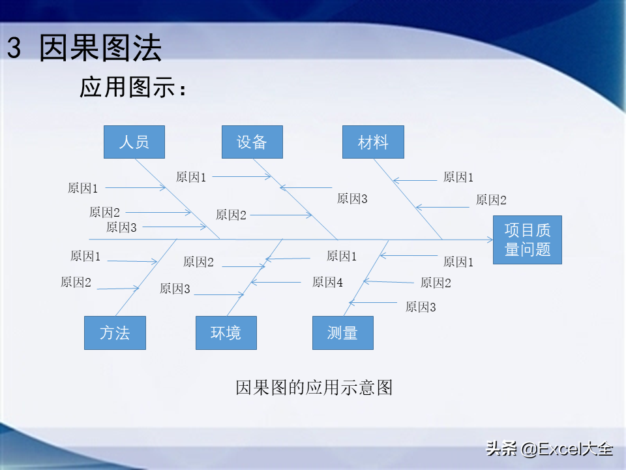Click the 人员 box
(134, 142)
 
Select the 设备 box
(252, 142)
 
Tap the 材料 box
(373, 142)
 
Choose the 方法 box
(115, 333)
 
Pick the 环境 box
(226, 333)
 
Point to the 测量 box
(343, 333)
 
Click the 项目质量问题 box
(527, 240)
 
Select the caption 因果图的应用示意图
(314, 387)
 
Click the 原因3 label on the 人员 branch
(121, 227)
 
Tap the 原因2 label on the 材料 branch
(491, 200)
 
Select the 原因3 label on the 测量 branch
(421, 307)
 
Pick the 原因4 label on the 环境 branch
(327, 282)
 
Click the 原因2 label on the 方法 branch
(76, 282)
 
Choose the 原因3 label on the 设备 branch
(352, 198)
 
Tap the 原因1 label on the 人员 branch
(83, 188)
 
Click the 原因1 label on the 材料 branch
(458, 176)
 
